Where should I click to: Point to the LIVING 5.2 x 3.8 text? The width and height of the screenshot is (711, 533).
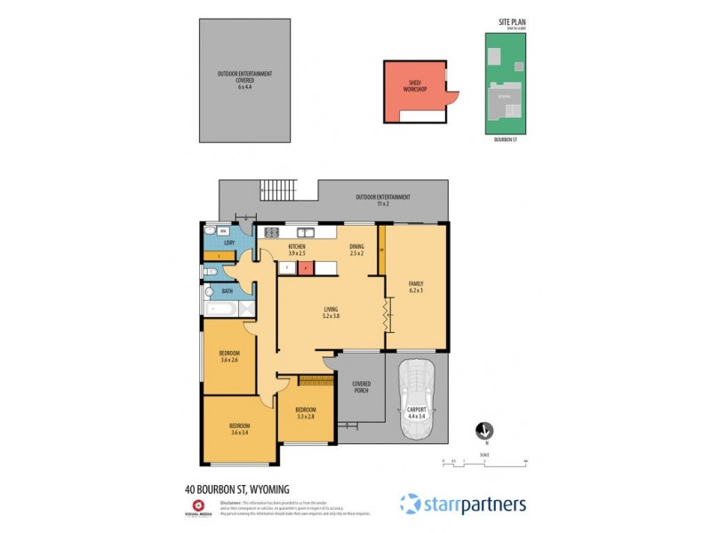coord(331,311)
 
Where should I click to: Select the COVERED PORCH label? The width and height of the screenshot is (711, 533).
coord(361,388)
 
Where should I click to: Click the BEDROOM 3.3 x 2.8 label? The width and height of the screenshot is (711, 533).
coord(305,413)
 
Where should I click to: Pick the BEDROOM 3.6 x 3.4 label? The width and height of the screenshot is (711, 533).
coord(240,429)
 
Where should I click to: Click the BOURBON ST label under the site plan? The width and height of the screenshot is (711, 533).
coord(505,139)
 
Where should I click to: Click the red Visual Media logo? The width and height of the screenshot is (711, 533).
coord(197,504)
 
